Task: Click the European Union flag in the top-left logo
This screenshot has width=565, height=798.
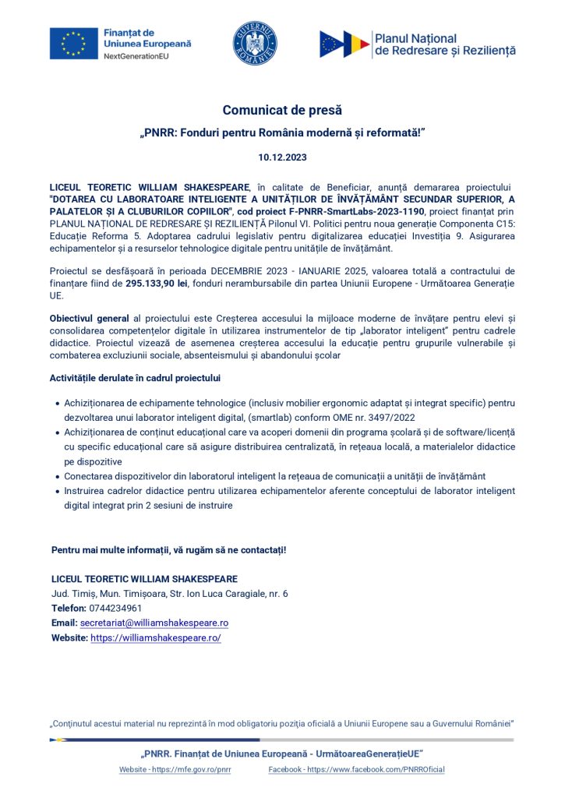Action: pyautogui.click(x=74, y=44)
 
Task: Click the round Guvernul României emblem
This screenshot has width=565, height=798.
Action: pyautogui.click(x=256, y=44)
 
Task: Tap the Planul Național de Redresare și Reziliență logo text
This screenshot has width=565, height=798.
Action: pyautogui.click(x=445, y=44)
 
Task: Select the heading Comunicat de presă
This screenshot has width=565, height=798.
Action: pyautogui.click(x=282, y=110)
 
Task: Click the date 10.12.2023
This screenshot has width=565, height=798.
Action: pyautogui.click(x=282, y=157)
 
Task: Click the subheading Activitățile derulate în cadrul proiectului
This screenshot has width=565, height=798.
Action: pyautogui.click(x=135, y=378)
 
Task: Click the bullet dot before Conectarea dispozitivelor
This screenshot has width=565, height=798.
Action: pyautogui.click(x=58, y=476)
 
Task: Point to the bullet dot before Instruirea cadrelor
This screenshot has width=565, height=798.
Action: pyautogui.click(x=58, y=492)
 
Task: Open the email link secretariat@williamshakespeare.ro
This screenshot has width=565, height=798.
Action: pyautogui.click(x=154, y=623)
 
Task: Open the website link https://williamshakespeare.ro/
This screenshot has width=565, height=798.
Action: pyautogui.click(x=156, y=637)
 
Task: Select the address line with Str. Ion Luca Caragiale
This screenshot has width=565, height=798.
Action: pyautogui.click(x=169, y=593)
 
